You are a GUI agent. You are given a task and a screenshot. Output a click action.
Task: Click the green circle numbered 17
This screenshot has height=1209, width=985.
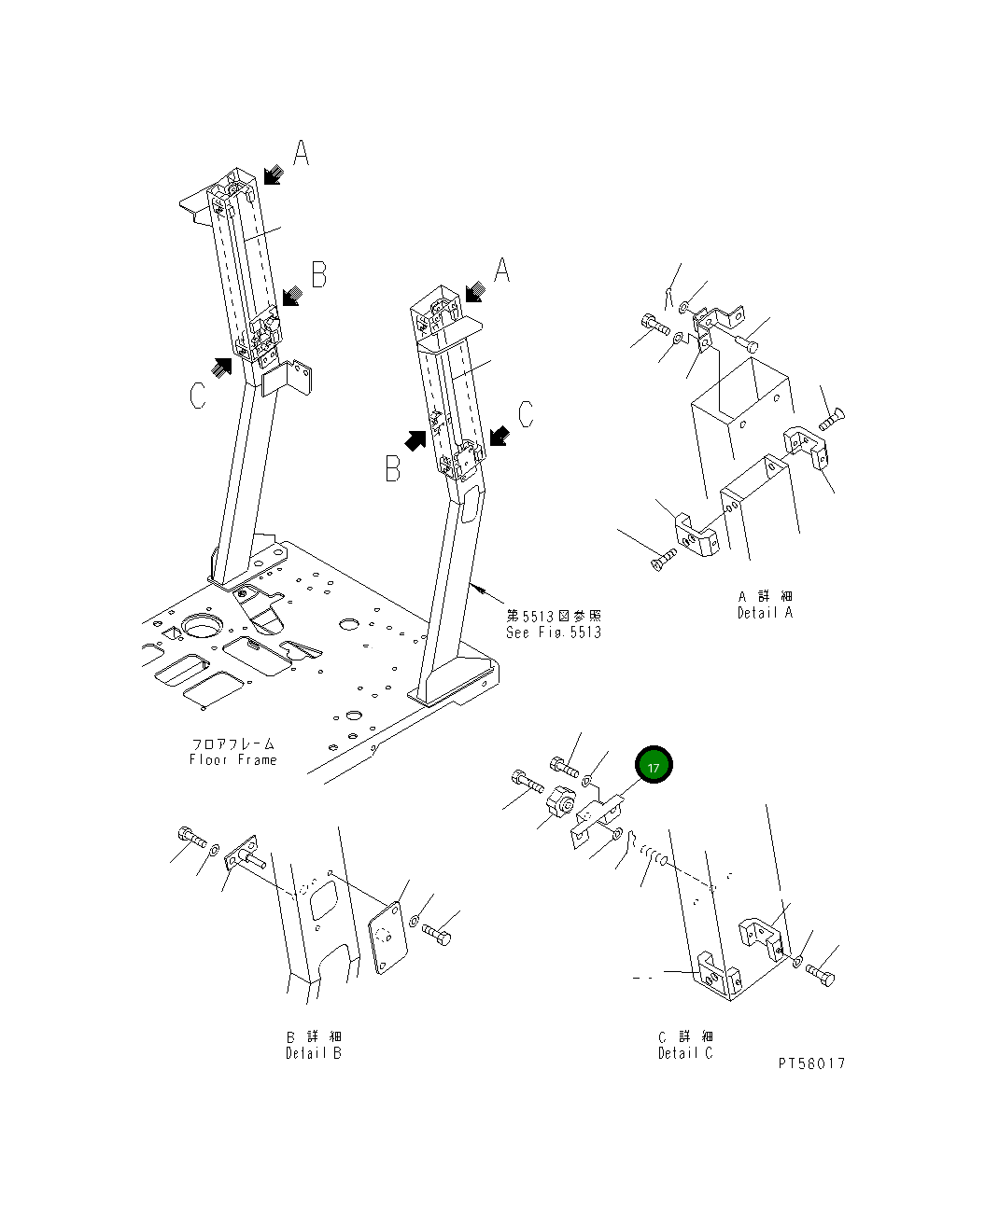(654, 766)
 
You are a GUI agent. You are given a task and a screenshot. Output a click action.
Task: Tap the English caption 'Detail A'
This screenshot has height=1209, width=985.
(764, 613)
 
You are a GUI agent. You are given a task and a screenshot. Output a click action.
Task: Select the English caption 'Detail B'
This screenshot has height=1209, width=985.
(314, 1053)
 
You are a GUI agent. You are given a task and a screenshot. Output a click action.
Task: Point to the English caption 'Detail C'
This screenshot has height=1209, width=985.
(685, 1053)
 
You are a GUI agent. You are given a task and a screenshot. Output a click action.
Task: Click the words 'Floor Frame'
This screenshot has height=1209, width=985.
(232, 759)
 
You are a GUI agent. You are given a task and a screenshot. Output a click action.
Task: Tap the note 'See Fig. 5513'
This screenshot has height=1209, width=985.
(554, 632)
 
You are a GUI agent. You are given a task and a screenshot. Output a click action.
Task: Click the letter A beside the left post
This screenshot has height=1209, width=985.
(301, 153)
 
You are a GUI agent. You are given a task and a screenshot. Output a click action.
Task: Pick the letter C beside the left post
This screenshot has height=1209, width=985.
(197, 396)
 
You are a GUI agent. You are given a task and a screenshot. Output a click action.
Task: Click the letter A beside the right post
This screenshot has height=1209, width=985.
(501, 271)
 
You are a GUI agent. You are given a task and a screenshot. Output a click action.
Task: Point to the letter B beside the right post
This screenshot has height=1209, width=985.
(393, 469)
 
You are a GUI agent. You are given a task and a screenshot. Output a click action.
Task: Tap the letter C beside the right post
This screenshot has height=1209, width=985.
(527, 413)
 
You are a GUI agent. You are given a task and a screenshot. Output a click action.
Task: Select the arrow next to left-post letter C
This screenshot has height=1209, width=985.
(221, 367)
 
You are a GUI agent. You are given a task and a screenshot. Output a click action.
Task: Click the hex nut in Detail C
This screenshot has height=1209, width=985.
(560, 799)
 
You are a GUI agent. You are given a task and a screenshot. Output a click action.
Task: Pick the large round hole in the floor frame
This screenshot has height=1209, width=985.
(201, 626)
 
